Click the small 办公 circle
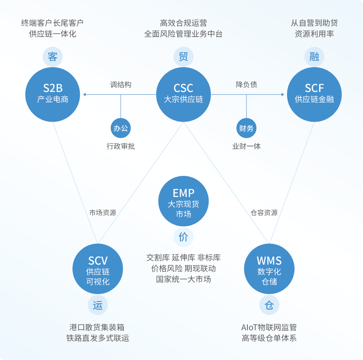[121, 128]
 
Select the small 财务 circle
[246, 128]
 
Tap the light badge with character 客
[53, 57]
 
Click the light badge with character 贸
[183, 57]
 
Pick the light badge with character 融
[314, 57]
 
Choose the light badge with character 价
[183, 237]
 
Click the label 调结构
[121, 85]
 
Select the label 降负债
[247, 85]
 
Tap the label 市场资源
[103, 213]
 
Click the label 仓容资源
[264, 213]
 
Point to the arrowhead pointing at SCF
[282, 95]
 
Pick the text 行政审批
[121, 146]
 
